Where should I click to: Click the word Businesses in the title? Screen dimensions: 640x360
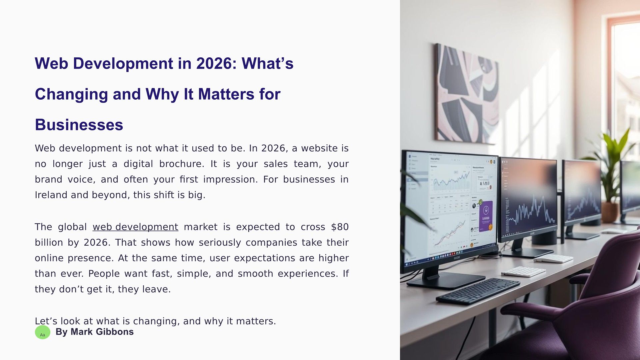coord(79,125)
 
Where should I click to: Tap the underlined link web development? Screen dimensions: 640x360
coord(135,227)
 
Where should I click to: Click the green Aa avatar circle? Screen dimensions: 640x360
coord(43,332)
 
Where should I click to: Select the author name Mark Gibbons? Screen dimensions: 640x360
coord(102,332)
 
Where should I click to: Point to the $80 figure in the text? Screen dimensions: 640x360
coord(340,227)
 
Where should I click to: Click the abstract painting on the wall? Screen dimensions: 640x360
coord(467,94)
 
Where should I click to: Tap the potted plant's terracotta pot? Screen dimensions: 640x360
coord(610,212)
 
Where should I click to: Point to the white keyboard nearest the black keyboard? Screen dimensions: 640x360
coord(523,272)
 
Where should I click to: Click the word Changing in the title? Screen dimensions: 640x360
coord(71,94)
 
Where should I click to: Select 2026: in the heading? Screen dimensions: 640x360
coord(216,63)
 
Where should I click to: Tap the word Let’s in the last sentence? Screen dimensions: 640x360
coord(46,321)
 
